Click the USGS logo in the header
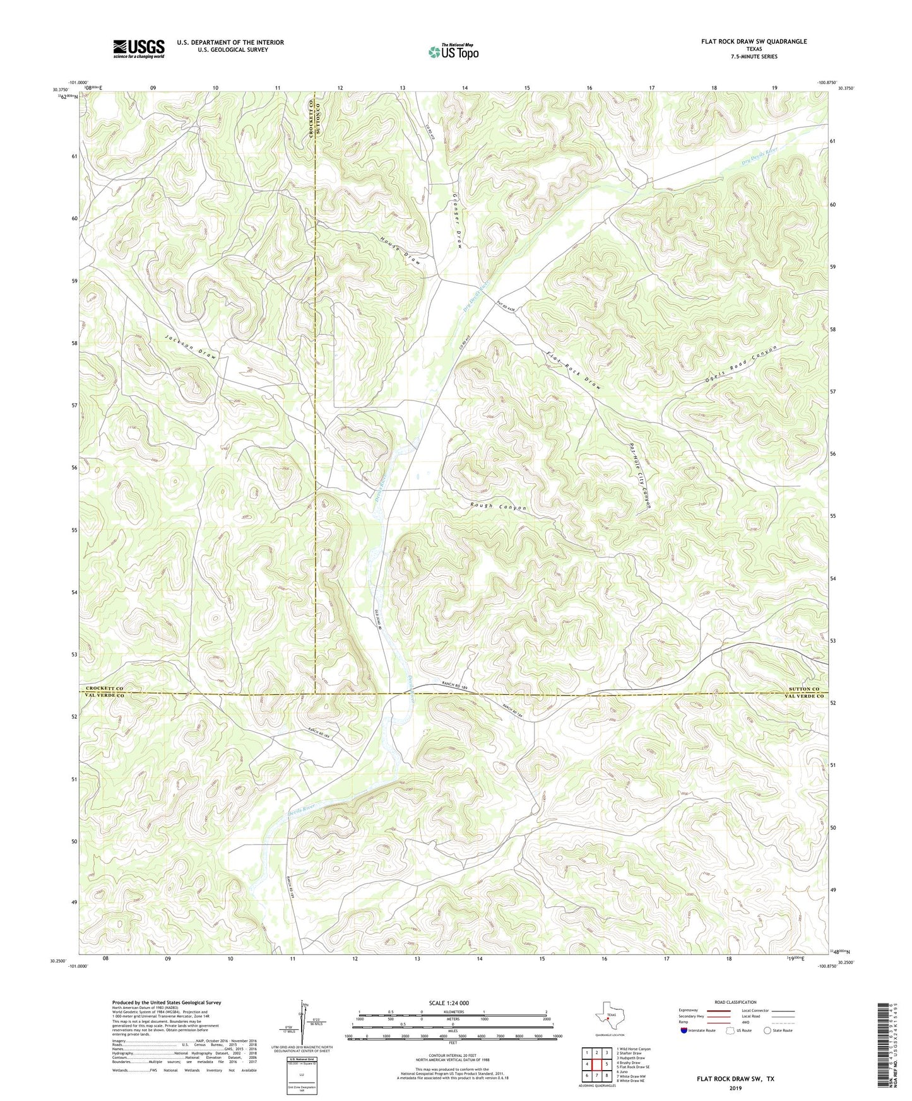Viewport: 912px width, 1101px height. coord(139,48)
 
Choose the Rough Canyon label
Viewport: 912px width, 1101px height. coord(498,507)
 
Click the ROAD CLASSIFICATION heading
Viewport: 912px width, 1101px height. coord(736,1002)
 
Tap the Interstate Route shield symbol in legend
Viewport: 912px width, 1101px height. coord(684,1030)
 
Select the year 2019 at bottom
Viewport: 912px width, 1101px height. coord(735,1088)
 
